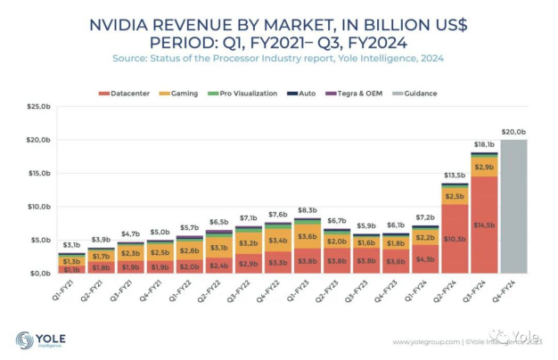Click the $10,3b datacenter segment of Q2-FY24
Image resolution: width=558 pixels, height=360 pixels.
[x=455, y=239]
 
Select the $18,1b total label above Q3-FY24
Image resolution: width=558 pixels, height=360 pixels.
[x=485, y=143]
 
